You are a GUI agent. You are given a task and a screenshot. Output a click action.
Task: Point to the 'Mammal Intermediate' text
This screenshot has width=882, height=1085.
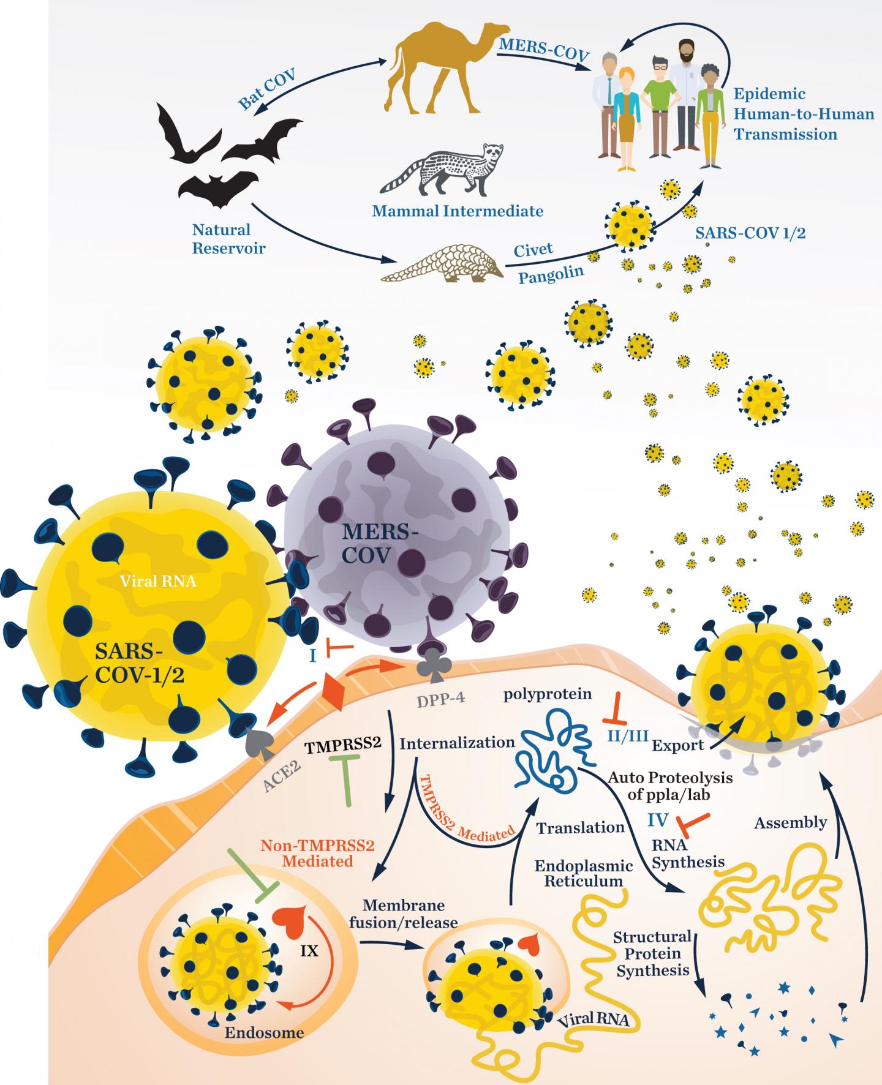(458, 211)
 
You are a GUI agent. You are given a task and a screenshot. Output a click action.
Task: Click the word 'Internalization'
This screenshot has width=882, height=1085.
(457, 743)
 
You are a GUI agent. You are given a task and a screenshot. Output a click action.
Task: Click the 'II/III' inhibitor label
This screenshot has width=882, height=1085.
(627, 736)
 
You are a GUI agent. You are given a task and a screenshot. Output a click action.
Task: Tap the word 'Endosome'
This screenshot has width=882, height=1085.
(264, 1033)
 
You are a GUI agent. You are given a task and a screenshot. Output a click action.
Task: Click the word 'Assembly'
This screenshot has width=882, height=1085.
(790, 822)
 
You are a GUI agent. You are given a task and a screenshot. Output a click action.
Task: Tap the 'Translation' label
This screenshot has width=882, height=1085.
(580, 828)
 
